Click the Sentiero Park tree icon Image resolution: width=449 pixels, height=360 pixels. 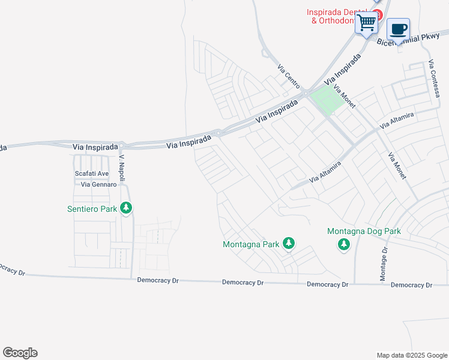[x=126, y=208]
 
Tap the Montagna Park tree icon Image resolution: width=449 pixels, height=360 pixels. [x=289, y=243]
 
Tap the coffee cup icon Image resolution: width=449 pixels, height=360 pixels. [x=398, y=29]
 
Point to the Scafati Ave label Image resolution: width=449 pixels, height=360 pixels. [x=91, y=173]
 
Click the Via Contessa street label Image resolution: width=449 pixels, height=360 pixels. [x=435, y=79]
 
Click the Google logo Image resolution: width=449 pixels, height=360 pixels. [x=20, y=353]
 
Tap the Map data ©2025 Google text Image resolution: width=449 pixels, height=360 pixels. [x=411, y=355]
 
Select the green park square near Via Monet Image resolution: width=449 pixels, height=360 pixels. [x=327, y=99]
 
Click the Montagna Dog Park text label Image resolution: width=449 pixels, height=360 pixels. [x=364, y=231]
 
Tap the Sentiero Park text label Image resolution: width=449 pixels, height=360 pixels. [x=92, y=209]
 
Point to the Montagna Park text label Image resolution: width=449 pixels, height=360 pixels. [x=251, y=244]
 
